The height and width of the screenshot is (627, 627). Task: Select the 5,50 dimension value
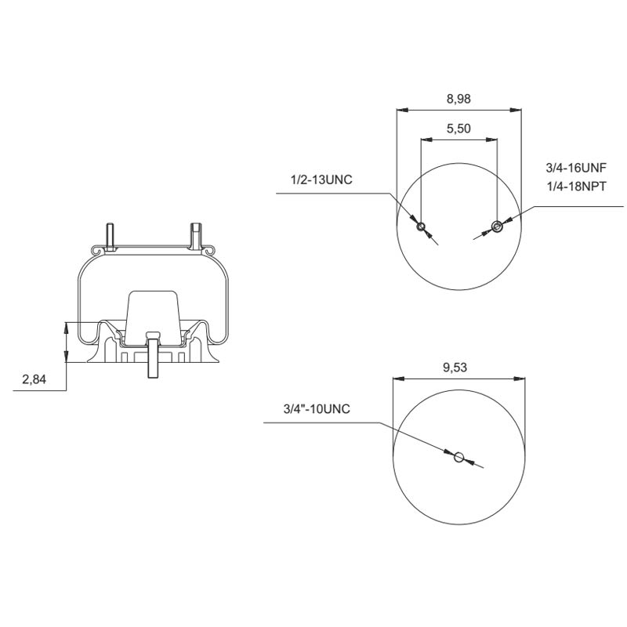458,130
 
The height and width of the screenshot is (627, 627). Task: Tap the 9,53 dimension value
458,368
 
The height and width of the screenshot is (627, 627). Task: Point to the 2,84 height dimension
34,379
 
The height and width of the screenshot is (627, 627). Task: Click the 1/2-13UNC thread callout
321,180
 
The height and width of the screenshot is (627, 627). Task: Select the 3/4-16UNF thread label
576,168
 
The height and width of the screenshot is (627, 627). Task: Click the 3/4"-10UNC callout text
316,409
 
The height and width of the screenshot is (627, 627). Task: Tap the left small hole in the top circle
421,227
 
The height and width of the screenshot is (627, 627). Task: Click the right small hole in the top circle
496,227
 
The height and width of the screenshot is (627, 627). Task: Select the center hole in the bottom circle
459,457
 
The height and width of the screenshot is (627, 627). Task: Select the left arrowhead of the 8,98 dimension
401,110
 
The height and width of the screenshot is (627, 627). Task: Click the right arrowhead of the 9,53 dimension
520,379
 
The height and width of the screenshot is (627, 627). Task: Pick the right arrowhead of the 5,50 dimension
492,140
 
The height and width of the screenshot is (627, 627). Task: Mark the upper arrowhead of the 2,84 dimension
67,327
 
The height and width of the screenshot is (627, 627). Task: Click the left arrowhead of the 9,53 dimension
397,379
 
